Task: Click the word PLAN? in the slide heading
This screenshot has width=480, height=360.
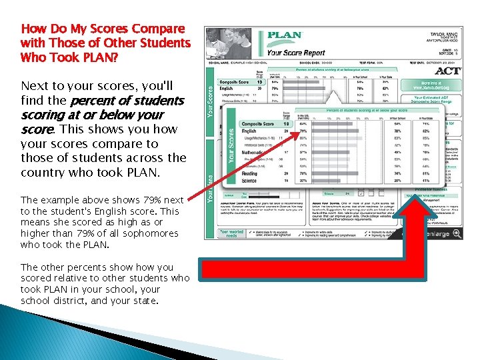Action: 97,57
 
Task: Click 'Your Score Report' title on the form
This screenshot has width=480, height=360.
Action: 295,52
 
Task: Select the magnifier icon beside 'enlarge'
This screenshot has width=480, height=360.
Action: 457,233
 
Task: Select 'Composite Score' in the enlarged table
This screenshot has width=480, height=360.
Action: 257,124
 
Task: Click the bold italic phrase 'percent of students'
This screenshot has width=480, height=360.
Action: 127,101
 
